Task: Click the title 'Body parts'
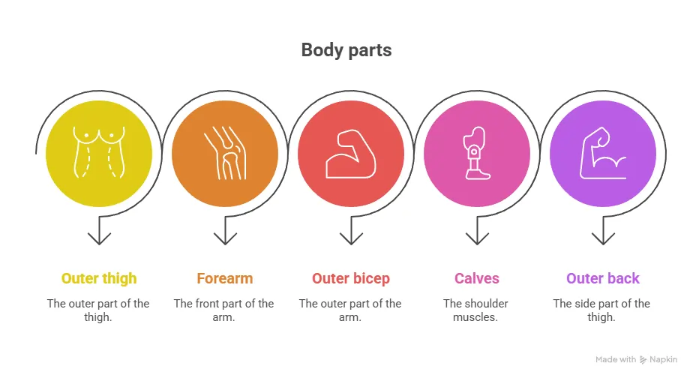click(346, 51)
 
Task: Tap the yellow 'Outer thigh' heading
click(99, 279)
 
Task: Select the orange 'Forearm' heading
click(225, 279)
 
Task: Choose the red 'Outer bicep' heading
click(351, 279)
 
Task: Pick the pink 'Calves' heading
click(477, 279)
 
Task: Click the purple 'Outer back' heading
click(603, 279)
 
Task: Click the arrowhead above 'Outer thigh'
click(99, 238)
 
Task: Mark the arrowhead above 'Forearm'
click(225, 238)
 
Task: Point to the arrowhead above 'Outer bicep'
click(351, 238)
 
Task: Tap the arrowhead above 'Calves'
click(477, 238)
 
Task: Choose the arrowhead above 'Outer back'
click(603, 238)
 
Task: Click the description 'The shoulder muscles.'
click(475, 310)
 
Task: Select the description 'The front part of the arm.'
click(223, 310)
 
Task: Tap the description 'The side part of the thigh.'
click(601, 310)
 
